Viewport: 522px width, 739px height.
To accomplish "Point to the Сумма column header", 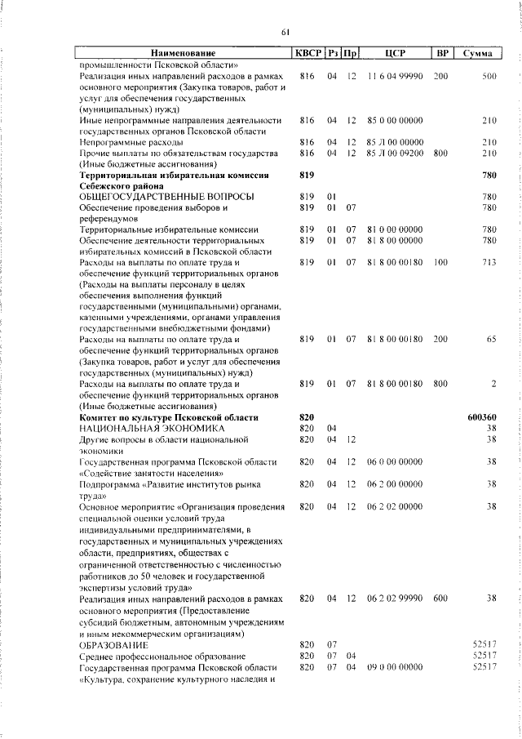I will point(476,54).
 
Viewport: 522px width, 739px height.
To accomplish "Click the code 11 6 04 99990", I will point(396,76).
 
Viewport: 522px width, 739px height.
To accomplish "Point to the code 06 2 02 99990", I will point(396,621).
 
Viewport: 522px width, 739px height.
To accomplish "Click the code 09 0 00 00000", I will point(396,667).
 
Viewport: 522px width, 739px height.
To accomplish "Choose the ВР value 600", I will point(441,621).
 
